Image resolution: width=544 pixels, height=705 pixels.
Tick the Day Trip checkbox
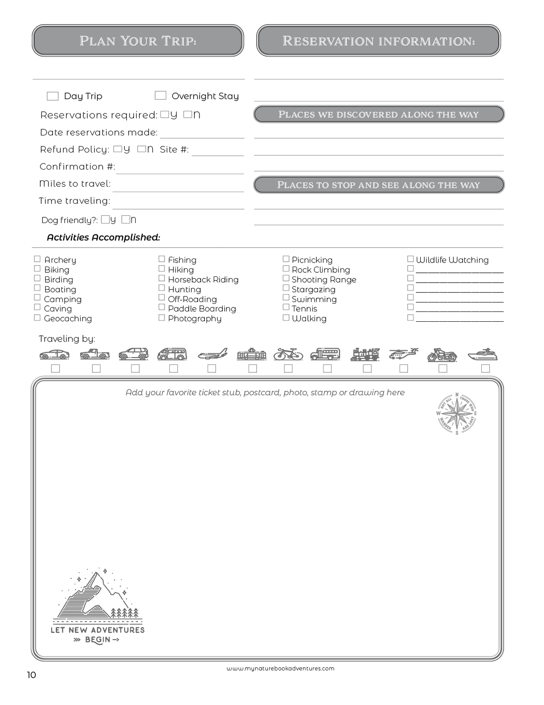pyautogui.click(x=52, y=96)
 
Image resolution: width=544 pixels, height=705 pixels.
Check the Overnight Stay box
pyautogui.click(x=160, y=95)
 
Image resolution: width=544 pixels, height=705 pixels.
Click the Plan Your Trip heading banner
pyautogui.click(x=138, y=41)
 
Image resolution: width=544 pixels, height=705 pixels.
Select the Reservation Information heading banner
pyautogui.click(x=379, y=41)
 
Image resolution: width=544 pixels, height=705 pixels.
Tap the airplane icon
pyautogui.click(x=213, y=354)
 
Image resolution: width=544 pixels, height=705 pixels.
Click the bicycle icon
pyautogui.click(x=288, y=354)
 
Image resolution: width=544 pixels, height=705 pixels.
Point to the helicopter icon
pyautogui.click(x=403, y=354)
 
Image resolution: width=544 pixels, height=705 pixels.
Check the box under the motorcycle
pyautogui.click(x=443, y=368)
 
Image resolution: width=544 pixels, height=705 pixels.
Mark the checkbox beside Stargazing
pyautogui.click(x=286, y=288)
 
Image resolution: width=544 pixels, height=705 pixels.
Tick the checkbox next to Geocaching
pyautogui.click(x=37, y=318)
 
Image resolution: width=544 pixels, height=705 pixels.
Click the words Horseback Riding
pyautogui.click(x=203, y=280)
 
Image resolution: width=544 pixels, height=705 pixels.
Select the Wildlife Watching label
pyautogui.click(x=452, y=260)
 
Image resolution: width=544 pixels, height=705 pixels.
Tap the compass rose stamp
pyautogui.click(x=457, y=413)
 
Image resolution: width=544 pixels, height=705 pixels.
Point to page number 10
pyautogui.click(x=31, y=675)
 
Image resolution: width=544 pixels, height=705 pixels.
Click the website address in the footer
pyautogui.click(x=281, y=668)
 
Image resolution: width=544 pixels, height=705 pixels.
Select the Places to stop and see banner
pyautogui.click(x=379, y=185)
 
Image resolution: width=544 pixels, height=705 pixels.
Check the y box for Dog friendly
pyautogui.click(x=105, y=219)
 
